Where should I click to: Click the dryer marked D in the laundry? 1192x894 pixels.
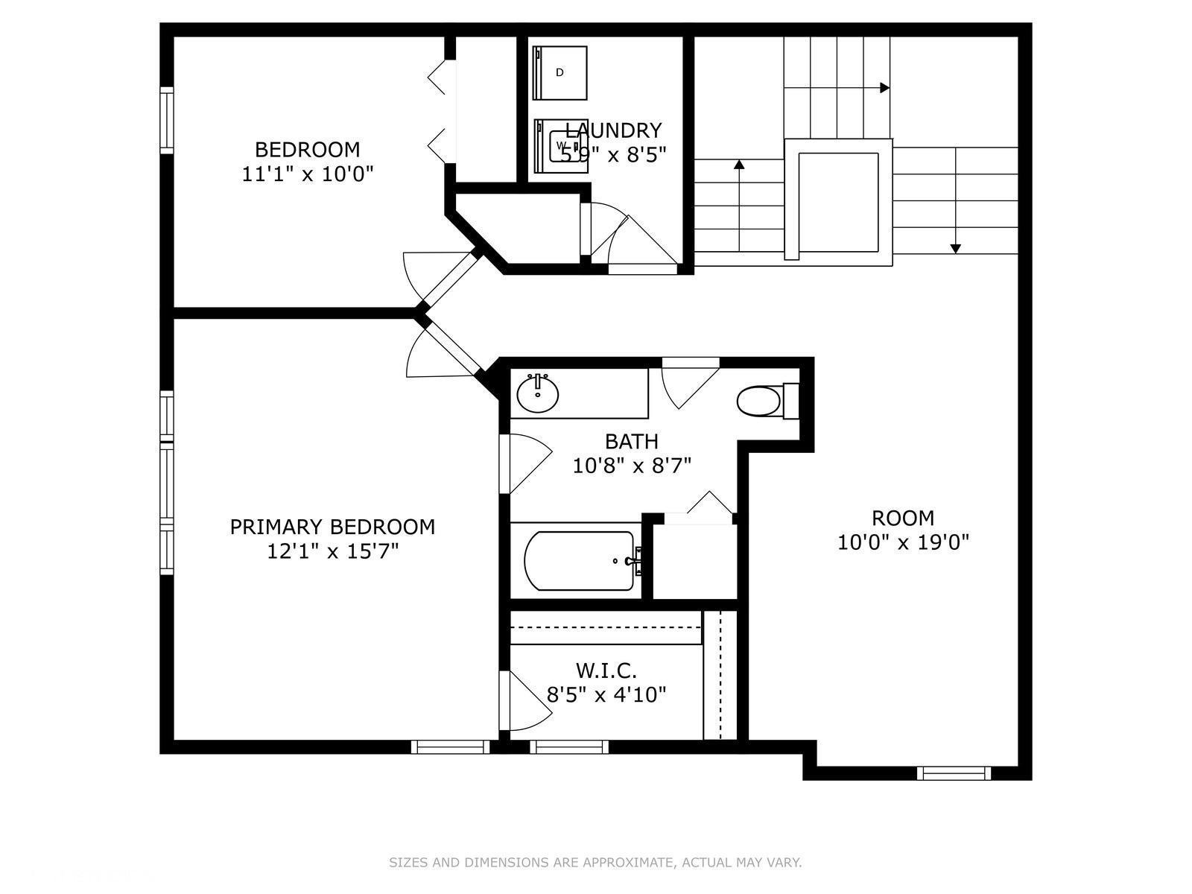point(560,72)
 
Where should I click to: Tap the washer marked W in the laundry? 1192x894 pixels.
point(560,145)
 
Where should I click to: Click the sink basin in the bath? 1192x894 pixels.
point(538,394)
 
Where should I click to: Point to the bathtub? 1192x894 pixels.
point(579,560)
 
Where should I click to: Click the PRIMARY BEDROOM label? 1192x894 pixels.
point(332,527)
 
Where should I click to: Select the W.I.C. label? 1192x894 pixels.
point(606,670)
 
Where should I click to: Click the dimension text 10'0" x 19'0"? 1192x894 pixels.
point(903,542)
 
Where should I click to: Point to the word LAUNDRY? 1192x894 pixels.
point(613,130)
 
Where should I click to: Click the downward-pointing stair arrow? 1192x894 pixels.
point(956,248)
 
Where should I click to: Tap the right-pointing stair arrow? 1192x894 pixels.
point(884,88)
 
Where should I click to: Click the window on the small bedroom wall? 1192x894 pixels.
point(167,121)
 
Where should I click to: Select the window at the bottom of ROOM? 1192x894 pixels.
point(954,773)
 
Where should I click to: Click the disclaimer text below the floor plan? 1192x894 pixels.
point(595,863)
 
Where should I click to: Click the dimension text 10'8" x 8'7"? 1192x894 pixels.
point(632,466)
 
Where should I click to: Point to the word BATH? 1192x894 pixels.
point(631,441)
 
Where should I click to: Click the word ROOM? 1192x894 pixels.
point(903,518)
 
